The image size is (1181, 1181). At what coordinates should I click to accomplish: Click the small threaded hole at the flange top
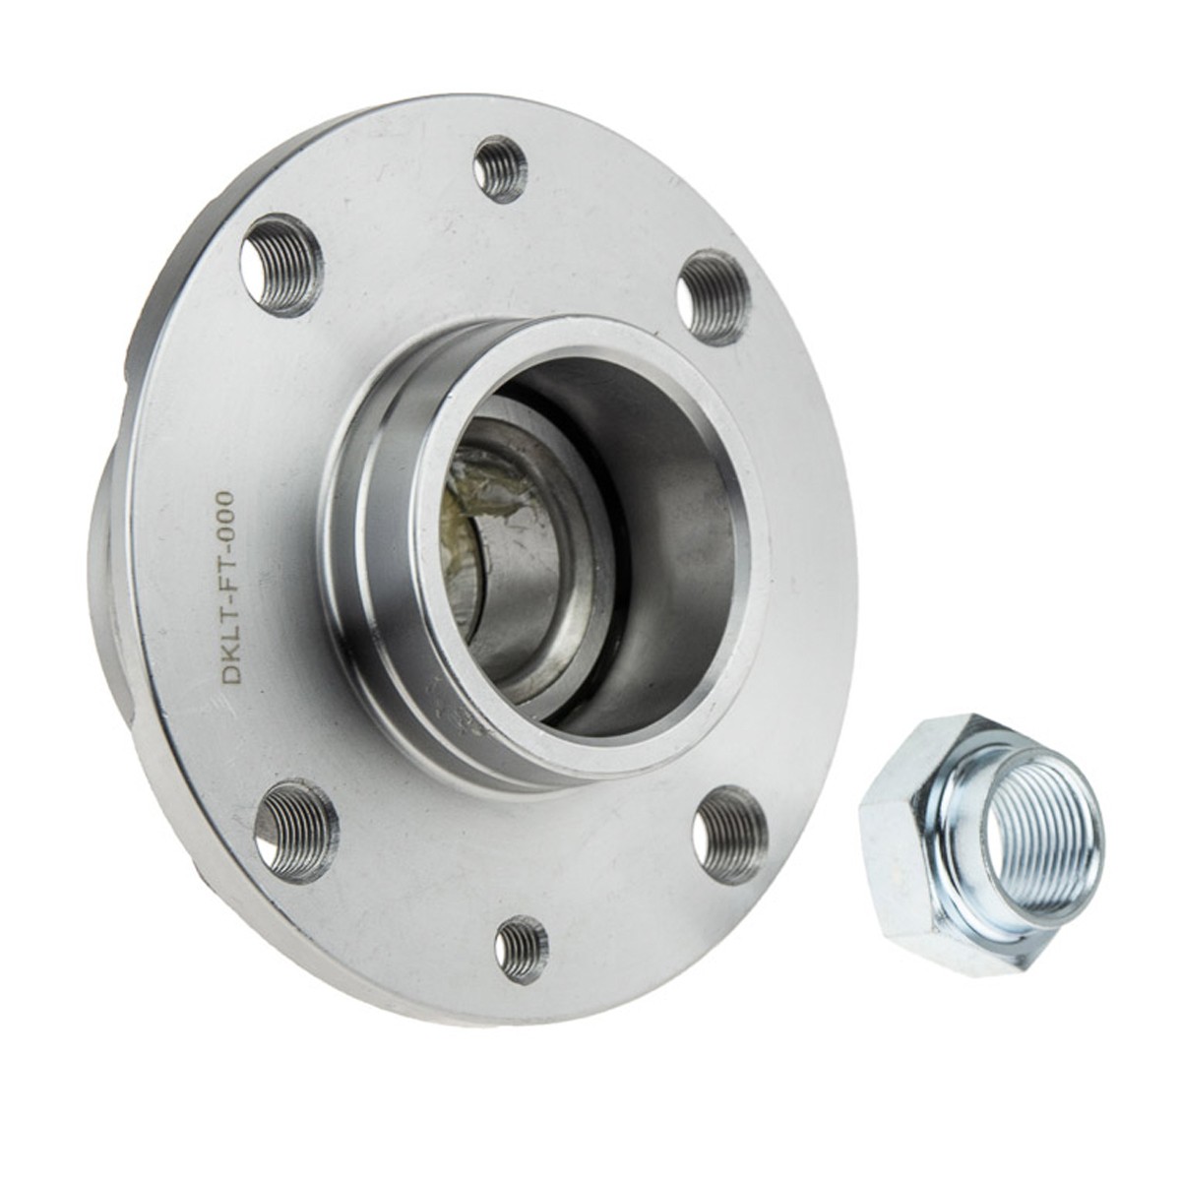click(500, 168)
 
